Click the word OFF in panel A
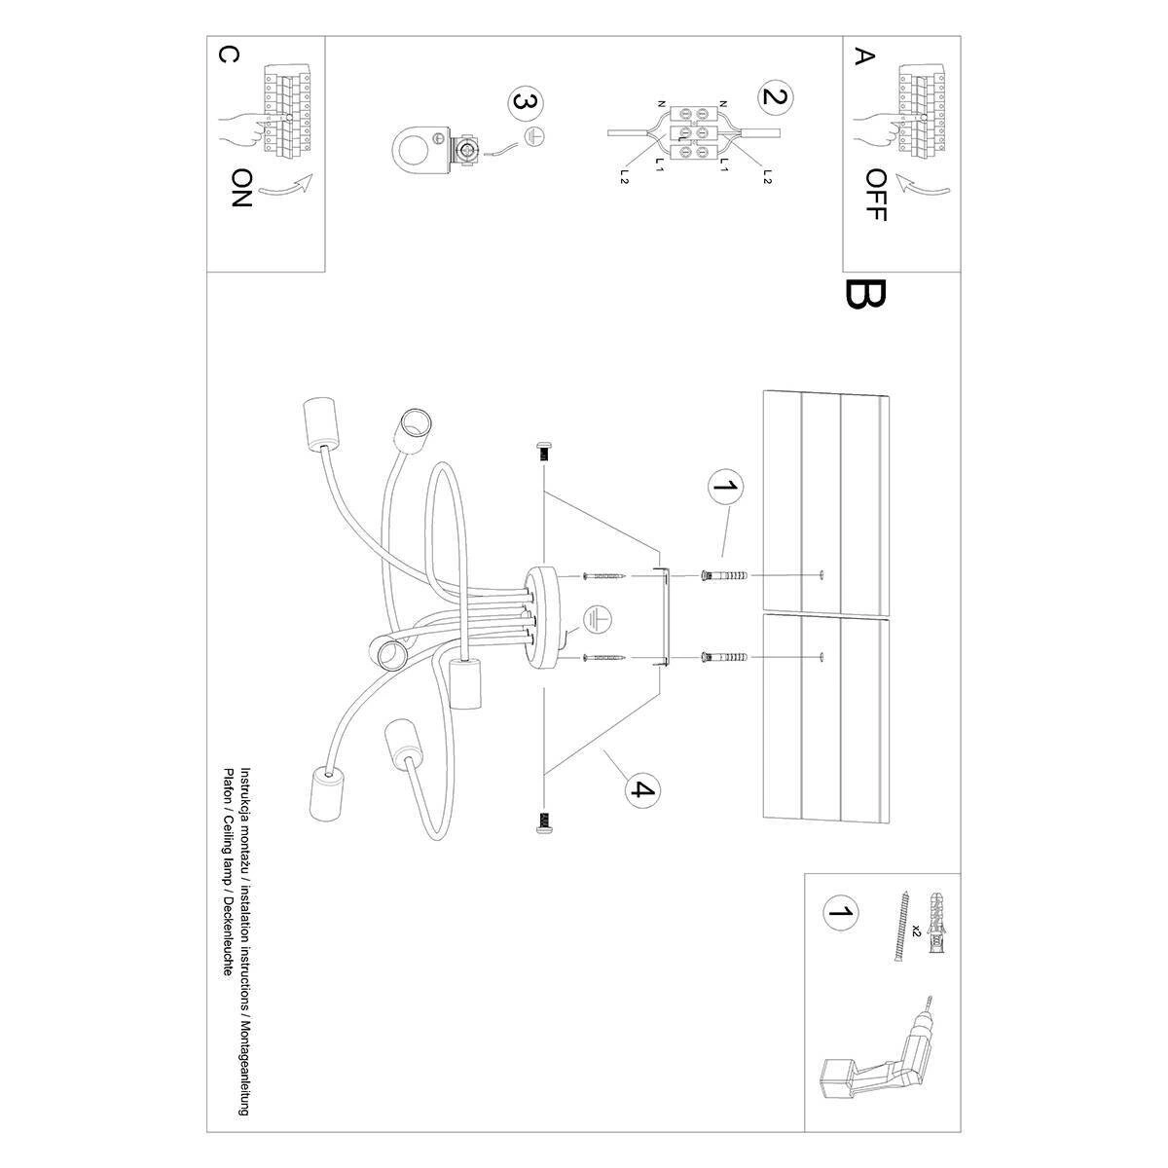875,195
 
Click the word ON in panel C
242,189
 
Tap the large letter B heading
865,294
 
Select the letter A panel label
859,55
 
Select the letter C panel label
225,55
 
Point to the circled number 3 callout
525,102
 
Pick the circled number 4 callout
639,789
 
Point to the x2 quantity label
916,932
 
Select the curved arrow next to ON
293,187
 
